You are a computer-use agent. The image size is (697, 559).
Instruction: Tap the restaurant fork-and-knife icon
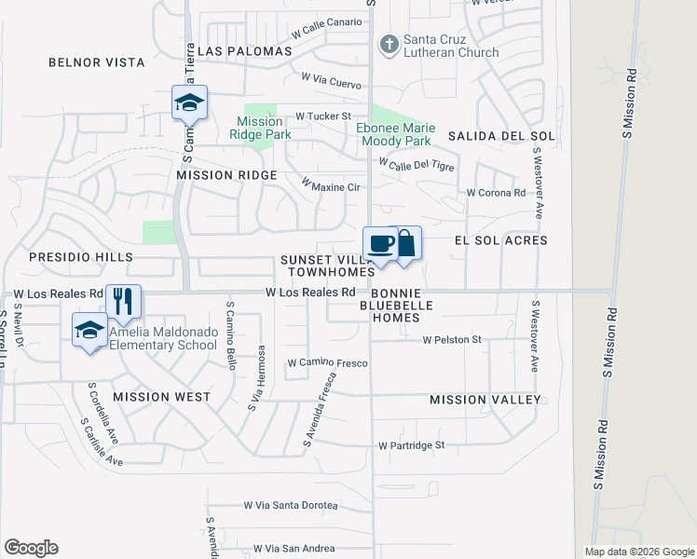123,300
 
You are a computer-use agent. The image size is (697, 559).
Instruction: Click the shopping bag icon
405,244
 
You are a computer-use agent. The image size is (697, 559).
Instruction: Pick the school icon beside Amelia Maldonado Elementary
89,331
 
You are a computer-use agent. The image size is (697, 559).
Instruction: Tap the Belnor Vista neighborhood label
97,62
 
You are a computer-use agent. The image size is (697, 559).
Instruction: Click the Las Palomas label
238,49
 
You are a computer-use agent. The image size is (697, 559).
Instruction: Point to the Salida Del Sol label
501,136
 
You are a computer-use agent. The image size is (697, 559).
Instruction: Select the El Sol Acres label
500,240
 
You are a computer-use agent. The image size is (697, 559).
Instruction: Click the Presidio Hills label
81,256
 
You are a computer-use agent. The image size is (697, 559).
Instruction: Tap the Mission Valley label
485,400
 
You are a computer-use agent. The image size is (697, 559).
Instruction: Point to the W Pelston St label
452,340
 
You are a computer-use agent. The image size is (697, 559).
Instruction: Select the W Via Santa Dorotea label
290,505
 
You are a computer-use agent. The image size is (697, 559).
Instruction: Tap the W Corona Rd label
497,193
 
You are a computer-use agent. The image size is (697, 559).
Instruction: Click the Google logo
31,548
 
